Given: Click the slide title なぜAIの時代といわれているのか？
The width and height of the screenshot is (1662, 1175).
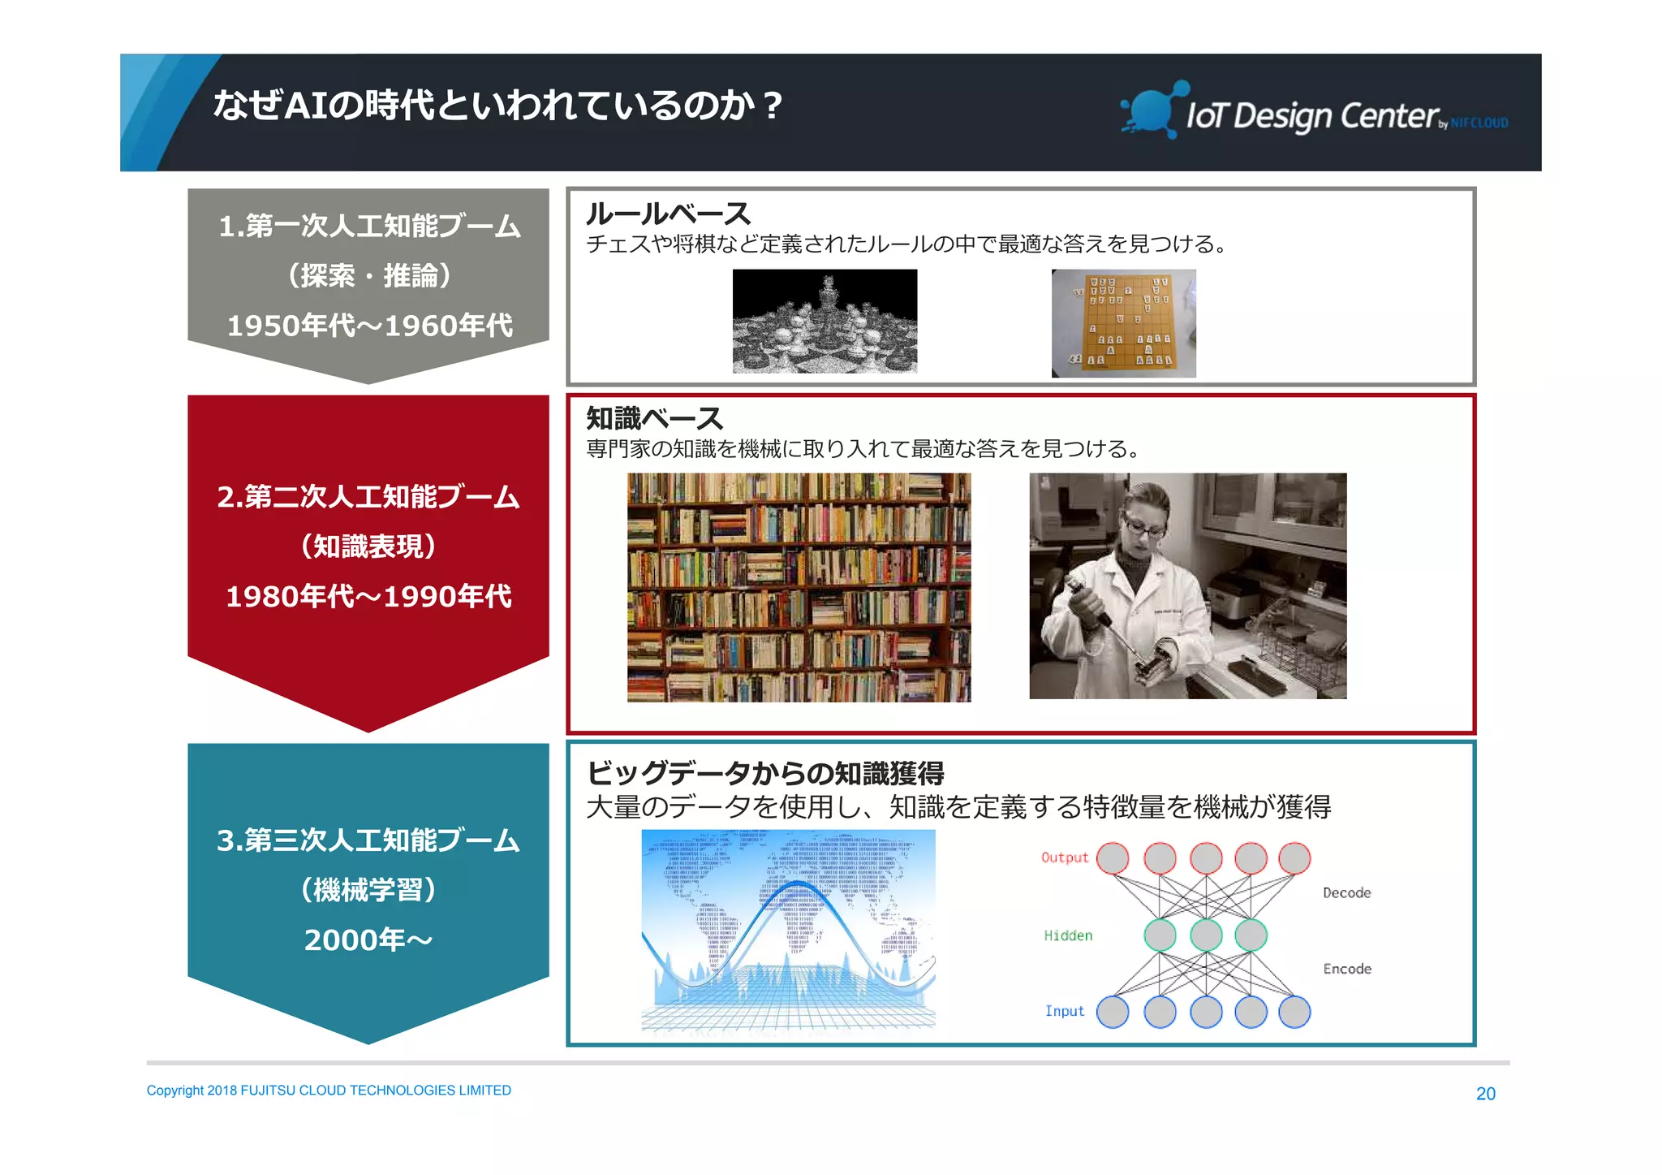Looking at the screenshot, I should pos(497,106).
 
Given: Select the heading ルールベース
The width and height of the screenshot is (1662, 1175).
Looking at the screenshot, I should pos(668,214).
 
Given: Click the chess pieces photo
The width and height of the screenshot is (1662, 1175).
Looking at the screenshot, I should pos(825,322).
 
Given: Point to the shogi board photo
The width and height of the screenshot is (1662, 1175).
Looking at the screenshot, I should pos(1123,323).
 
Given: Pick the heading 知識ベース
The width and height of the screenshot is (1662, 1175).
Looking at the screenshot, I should pos(654,418).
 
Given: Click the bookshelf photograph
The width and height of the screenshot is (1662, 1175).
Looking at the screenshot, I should pos(799,587).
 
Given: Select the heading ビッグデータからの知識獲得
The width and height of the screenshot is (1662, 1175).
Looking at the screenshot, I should pos(765,773).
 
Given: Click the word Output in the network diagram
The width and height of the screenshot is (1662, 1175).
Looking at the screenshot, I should pos(1064,857).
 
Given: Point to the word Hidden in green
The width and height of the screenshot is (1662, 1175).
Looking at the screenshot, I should pos(1068,935).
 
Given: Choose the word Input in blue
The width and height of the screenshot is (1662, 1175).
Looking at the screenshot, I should pos(1064,1011).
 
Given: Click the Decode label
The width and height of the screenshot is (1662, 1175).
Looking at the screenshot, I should pos(1346,892).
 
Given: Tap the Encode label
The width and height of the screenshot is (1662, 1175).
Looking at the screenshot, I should pos(1346,969).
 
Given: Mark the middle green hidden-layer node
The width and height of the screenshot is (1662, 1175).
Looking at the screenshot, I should pos(1206,935).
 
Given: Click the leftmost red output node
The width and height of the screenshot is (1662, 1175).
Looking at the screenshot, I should pos(1113,858).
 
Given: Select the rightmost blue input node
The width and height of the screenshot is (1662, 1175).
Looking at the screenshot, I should pos(1294,1012).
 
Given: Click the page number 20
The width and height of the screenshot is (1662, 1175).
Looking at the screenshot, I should pos(1485,1094).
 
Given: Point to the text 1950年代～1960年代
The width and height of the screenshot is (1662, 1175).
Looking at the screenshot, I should pos(369,326).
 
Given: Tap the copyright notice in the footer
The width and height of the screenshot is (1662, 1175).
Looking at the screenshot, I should pos(329,1091).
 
